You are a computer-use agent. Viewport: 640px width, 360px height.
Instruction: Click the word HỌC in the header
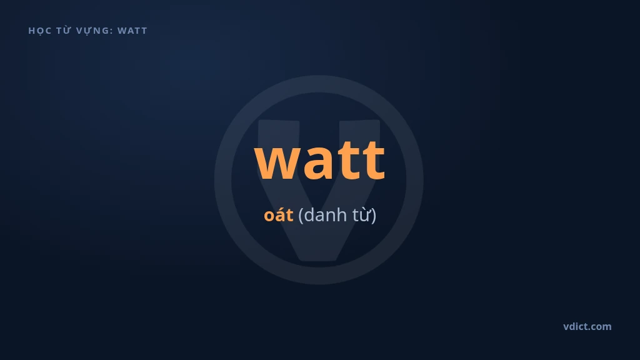(x=39, y=31)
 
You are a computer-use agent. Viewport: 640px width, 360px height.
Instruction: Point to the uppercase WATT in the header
(x=132, y=31)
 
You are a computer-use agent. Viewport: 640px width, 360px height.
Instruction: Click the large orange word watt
(x=320, y=160)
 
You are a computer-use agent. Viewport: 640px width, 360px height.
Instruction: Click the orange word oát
(x=278, y=215)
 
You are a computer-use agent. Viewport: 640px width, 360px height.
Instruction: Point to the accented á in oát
(x=280, y=215)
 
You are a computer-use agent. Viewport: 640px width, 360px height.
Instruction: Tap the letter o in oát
(x=269, y=216)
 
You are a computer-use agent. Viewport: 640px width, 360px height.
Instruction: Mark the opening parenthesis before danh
(x=301, y=216)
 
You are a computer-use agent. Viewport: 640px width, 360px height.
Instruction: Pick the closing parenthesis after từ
(x=374, y=216)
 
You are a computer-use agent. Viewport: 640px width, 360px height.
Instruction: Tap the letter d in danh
(x=309, y=215)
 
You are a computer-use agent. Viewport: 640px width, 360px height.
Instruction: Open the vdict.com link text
(x=587, y=326)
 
